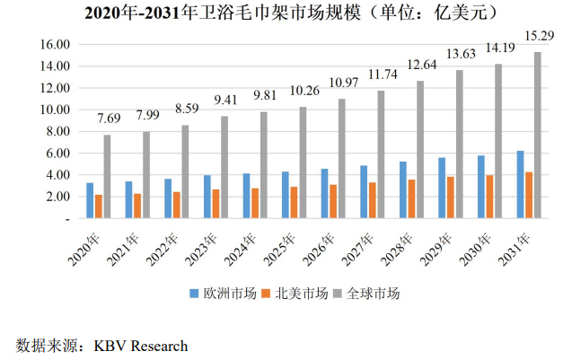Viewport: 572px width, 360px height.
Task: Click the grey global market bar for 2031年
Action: coord(538,135)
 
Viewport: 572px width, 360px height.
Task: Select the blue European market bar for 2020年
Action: coord(90,200)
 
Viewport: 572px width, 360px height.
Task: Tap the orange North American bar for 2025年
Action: coord(294,202)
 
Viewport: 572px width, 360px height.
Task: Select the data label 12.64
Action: coord(419,64)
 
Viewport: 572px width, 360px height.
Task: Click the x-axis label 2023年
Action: coord(208,243)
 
